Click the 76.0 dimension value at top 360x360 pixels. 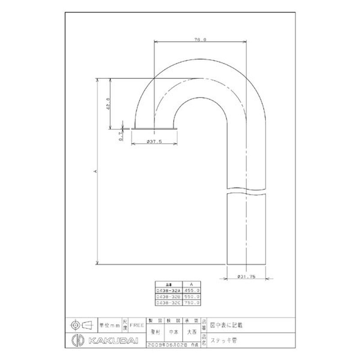tap(201, 40)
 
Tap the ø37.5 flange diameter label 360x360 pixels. tap(154, 141)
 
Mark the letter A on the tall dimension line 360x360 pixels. tap(95, 171)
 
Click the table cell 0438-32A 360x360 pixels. tap(166, 291)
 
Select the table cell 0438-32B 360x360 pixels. tap(166, 297)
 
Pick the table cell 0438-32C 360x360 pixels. tap(166, 303)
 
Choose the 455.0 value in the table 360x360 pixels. tap(192, 291)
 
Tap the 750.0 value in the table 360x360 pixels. tap(192, 303)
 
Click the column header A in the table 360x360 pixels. tap(192, 284)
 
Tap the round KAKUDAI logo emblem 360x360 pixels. tap(76, 339)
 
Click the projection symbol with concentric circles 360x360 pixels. tap(76, 324)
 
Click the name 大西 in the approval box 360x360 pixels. tap(192, 333)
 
